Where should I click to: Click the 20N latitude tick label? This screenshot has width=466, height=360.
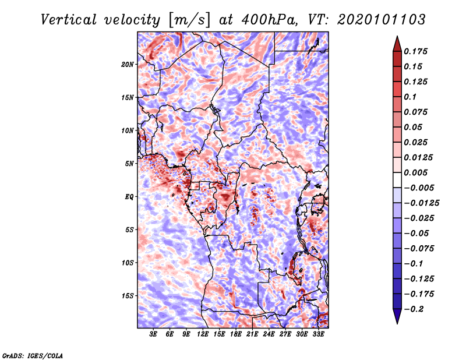click(x=128, y=64)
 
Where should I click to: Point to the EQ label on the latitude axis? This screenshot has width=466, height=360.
click(x=129, y=196)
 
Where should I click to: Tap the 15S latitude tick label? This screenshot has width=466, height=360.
click(x=128, y=295)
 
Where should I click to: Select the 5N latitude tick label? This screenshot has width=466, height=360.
click(x=129, y=163)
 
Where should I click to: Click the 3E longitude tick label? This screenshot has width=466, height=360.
click(x=154, y=334)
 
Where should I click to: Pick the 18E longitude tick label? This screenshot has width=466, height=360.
click(x=236, y=334)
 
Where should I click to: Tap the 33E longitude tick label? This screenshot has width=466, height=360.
click(x=319, y=334)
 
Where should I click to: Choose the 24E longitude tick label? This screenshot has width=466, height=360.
click(x=269, y=334)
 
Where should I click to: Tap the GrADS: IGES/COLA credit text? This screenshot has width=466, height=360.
click(x=32, y=355)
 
